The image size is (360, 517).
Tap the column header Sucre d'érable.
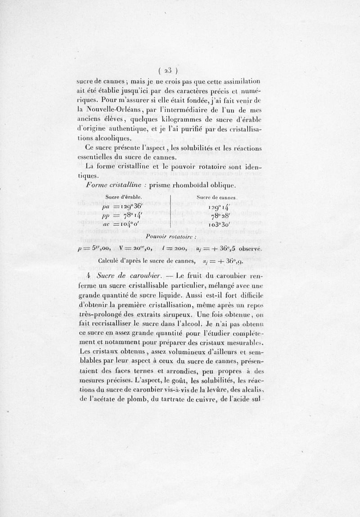coord(124,197)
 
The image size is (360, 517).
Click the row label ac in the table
coord(107,225)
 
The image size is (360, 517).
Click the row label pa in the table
coord(106,207)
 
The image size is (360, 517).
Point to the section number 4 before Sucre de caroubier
coord(90,275)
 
